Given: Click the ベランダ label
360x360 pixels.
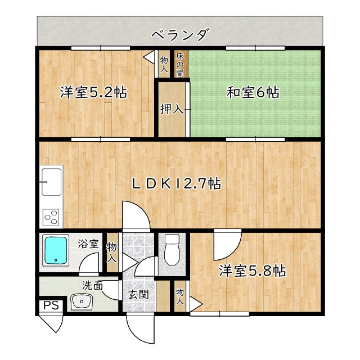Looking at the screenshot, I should coord(180,35).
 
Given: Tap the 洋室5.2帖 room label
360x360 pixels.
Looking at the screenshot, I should coord(93,92).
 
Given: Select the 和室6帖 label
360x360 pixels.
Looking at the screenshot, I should coord(253,92).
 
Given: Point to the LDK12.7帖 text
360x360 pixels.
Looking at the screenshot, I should coord(176,183).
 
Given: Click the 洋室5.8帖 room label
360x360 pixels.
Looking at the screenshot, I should coord(253,272).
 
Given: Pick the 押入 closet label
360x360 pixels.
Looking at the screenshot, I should coord(172,109).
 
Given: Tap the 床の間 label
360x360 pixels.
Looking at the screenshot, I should coord(180,64).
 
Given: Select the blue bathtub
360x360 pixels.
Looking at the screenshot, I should coord(56,249).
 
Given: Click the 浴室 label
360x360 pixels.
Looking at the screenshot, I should coord(88,245).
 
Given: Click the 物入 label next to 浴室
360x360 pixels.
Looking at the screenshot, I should coord(112,253).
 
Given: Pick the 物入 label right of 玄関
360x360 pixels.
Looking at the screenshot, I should coord(180,296).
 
